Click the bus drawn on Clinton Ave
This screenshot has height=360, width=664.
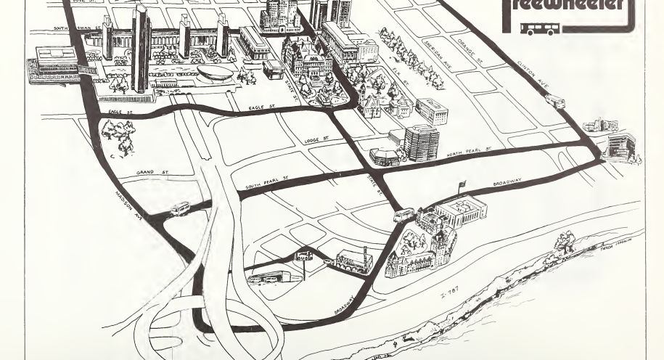[555, 102]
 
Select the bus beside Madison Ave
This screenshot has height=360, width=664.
[179, 210]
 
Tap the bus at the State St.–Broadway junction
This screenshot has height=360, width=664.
[403, 215]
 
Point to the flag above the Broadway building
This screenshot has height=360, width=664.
[459, 186]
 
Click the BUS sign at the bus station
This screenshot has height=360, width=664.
[303, 255]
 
